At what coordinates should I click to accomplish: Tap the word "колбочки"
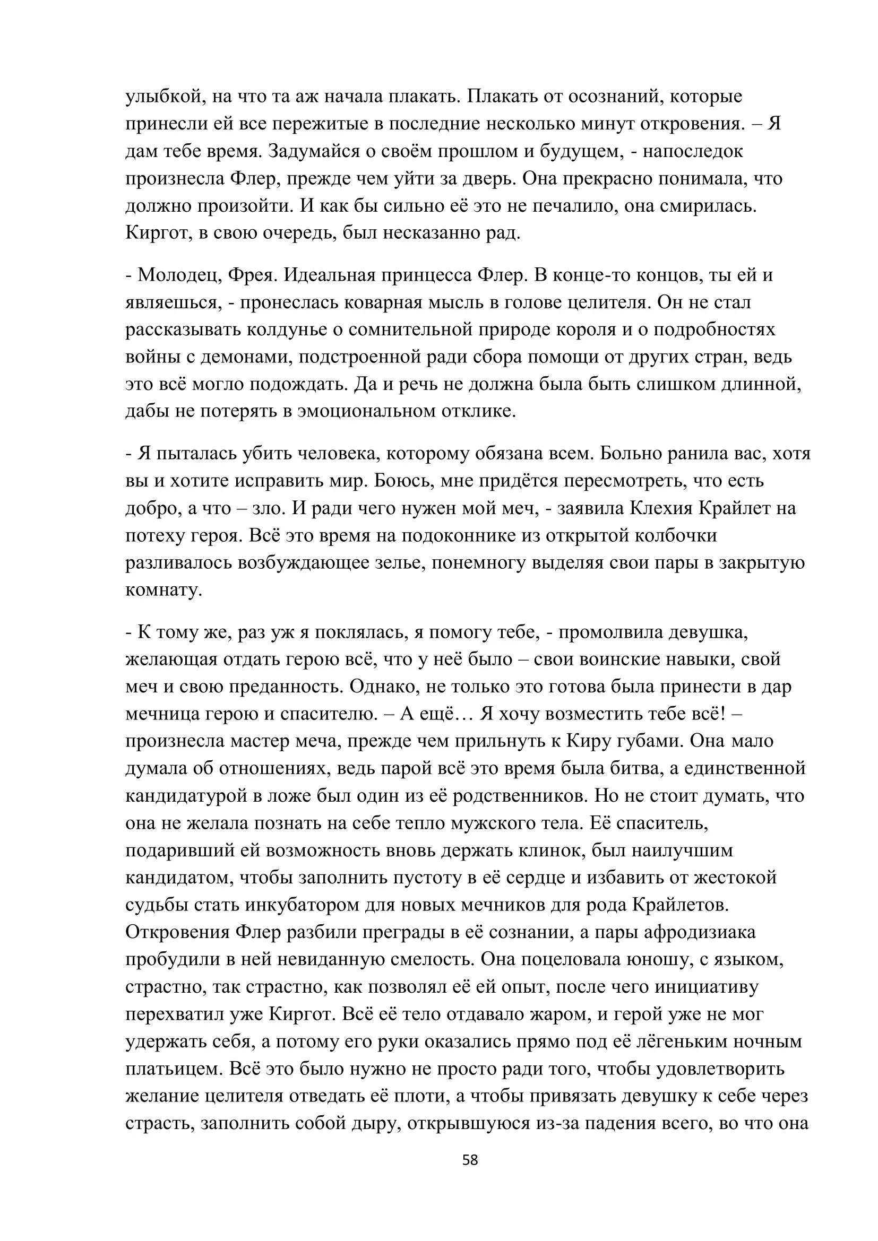click(x=675, y=536)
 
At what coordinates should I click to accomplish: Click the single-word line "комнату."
click(x=164, y=590)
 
